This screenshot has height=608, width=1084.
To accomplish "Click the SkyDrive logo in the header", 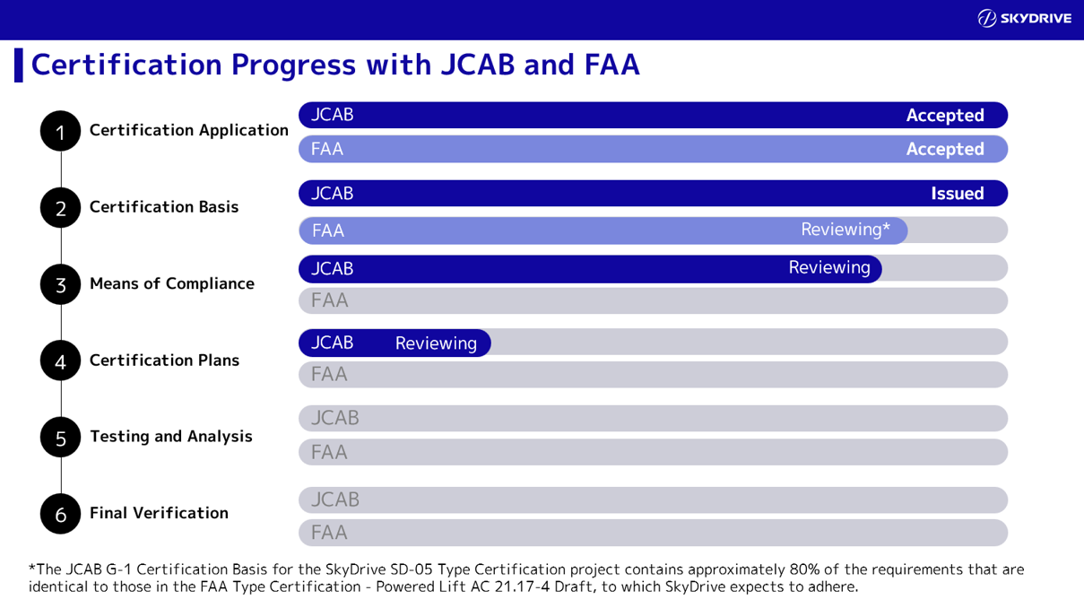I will [1024, 19].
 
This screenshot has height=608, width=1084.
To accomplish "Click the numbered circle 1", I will [60, 132].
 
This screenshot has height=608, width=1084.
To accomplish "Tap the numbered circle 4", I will [60, 360].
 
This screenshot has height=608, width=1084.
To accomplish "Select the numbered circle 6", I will [60, 514].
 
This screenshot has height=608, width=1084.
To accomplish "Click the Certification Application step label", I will [188, 130].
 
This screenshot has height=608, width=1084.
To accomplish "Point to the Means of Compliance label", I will [171, 283].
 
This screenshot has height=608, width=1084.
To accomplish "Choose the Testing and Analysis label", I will [170, 437].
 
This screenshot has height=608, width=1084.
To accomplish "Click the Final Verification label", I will [159, 513].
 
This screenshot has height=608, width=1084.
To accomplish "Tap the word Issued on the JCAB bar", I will [957, 194].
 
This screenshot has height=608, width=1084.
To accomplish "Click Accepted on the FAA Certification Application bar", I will [944, 149].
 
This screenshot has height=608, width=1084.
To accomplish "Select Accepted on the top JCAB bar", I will [944, 116].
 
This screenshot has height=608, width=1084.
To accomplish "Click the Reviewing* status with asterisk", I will [845, 230].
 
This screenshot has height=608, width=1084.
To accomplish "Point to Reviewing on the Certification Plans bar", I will [436, 343].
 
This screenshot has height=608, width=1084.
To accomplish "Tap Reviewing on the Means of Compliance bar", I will [828, 267].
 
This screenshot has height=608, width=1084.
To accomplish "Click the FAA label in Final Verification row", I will [329, 533].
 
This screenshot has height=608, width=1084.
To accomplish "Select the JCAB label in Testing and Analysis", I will [334, 418].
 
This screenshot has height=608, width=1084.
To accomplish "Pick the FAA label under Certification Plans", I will [329, 374].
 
